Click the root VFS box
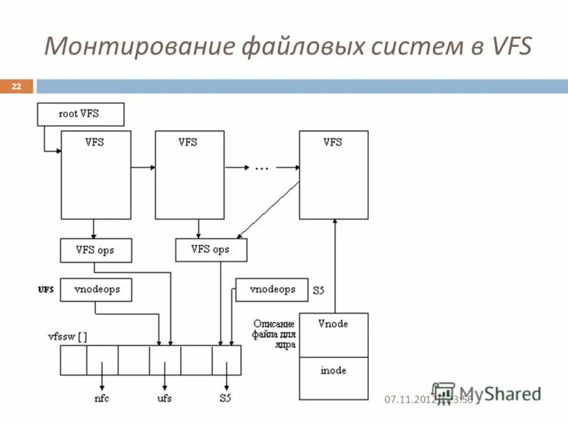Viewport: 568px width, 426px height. (x=80, y=114)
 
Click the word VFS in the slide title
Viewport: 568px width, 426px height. (x=510, y=47)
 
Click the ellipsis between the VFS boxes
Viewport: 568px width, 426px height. (x=261, y=168)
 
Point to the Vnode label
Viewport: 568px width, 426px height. (x=333, y=324)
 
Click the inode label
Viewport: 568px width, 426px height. (x=333, y=370)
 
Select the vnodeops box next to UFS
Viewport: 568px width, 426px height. (x=96, y=290)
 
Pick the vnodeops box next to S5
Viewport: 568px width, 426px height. (x=271, y=290)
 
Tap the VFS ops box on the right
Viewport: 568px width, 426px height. (x=211, y=250)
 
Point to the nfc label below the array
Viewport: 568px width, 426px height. (x=102, y=398)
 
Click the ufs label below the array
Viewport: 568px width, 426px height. (x=165, y=398)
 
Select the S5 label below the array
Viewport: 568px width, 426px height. (x=225, y=398)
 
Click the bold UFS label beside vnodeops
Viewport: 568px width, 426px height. (x=45, y=290)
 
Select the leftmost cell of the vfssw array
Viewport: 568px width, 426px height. (x=73, y=360)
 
